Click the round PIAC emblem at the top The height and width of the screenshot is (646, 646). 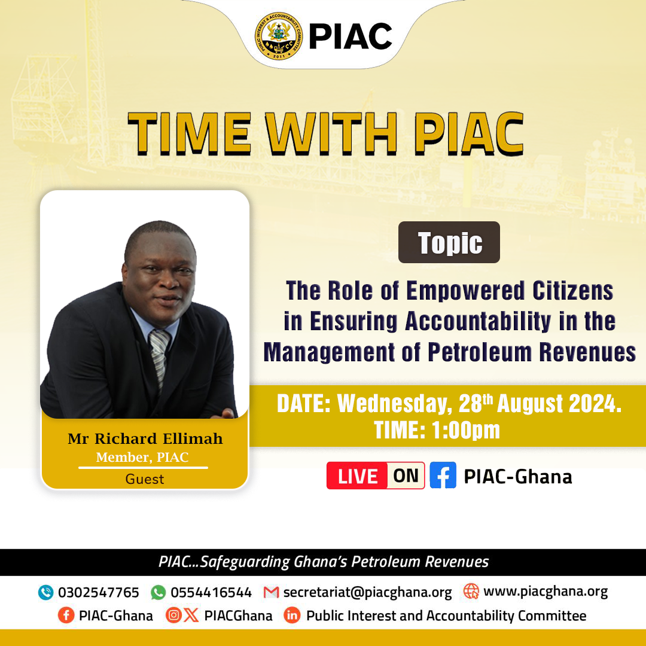tap(279, 36)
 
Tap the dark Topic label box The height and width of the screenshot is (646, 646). tap(449, 242)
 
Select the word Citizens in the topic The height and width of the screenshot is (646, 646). tap(572, 291)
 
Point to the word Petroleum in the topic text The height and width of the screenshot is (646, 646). tap(480, 352)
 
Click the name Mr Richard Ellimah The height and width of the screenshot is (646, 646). tap(145, 439)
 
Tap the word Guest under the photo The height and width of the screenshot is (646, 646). tap(145, 479)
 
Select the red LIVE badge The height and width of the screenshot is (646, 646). tap(356, 476)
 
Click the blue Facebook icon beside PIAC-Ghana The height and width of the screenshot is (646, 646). tap(443, 476)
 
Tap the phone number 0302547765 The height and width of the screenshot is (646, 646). tap(99, 592)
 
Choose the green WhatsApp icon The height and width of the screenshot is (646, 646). tap(158, 592)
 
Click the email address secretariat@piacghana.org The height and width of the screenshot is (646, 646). tap(367, 592)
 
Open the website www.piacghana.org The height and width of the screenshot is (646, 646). tap(546, 592)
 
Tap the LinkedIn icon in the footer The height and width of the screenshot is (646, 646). tap(292, 615)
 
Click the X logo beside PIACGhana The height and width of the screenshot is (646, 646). tap(191, 615)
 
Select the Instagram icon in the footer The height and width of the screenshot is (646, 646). tap(173, 615)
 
